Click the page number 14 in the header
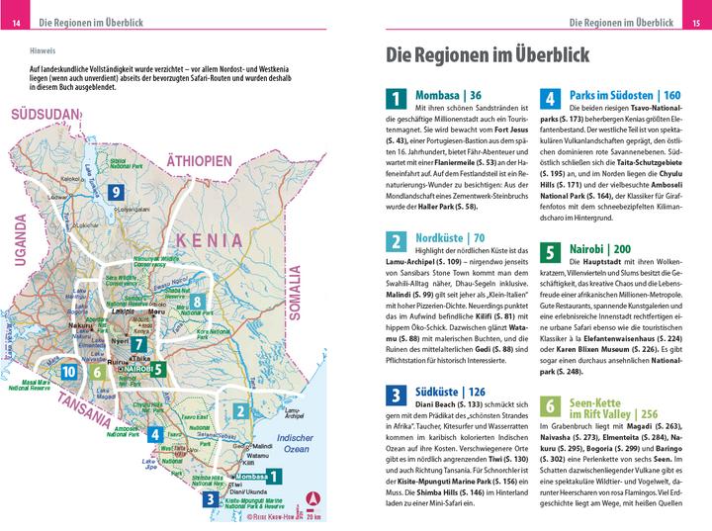(x=17, y=23)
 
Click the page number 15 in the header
(x=695, y=23)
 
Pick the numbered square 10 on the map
(x=68, y=372)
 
